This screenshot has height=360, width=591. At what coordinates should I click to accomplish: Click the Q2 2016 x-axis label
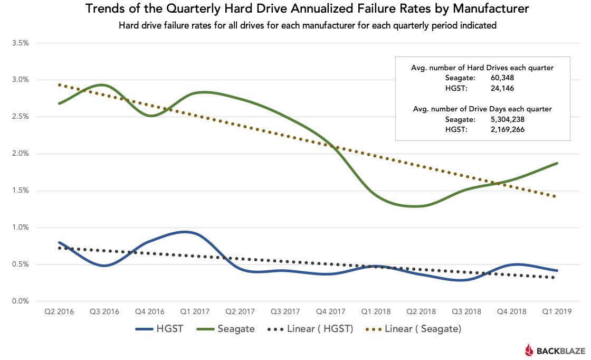click(59, 312)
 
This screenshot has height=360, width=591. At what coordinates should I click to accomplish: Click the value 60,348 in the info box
click(503, 78)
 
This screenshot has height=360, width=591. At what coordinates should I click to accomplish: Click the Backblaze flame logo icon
click(529, 349)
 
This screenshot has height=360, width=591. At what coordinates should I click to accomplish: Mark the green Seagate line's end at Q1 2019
click(557, 163)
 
